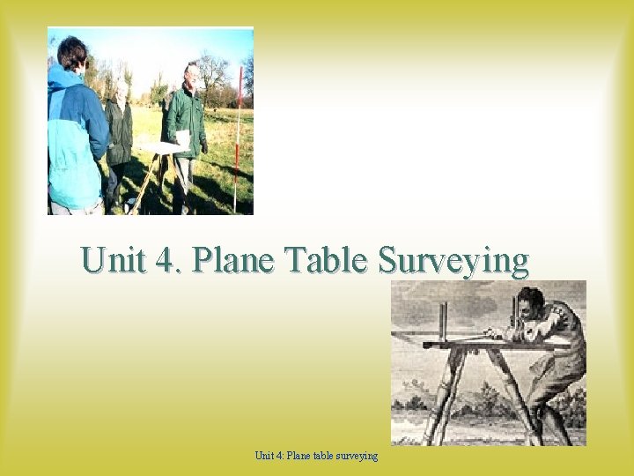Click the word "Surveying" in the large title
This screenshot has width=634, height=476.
click(453, 263)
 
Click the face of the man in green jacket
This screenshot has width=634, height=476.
click(191, 76)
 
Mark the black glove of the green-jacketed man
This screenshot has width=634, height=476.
click(203, 147)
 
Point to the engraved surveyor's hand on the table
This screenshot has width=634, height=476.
click(505, 333)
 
